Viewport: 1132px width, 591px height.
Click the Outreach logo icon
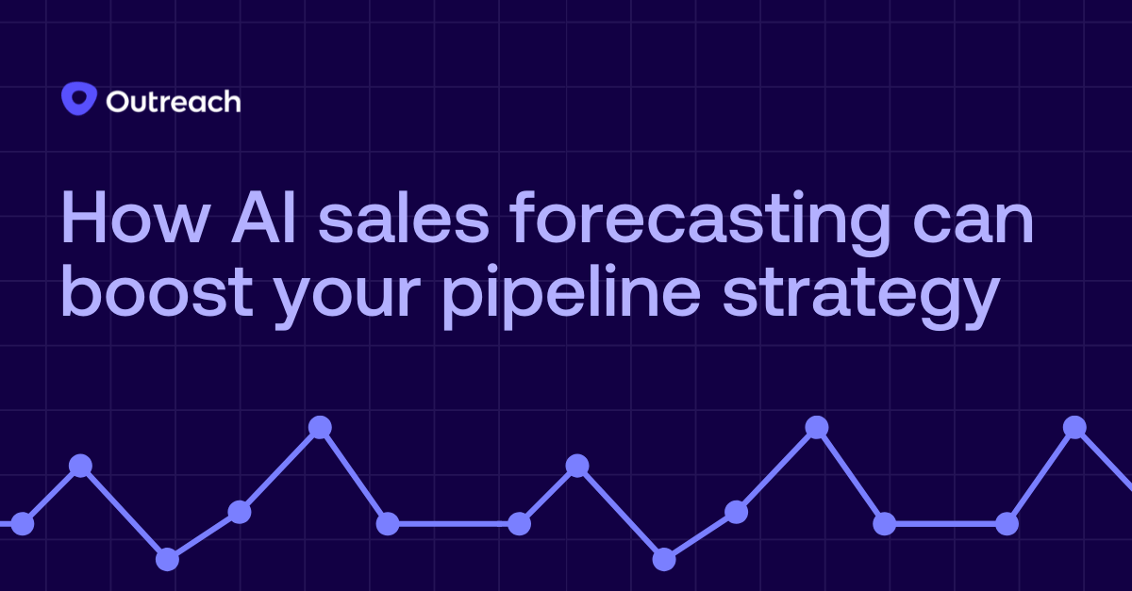point(78,99)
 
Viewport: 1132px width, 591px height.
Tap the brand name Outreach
point(173,101)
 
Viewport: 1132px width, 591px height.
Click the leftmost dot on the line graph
point(22,524)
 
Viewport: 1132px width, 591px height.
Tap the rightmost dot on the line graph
point(1074,427)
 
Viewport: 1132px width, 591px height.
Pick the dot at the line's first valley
point(167,559)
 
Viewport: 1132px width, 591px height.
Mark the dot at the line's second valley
point(664,559)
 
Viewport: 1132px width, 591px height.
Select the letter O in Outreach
point(119,101)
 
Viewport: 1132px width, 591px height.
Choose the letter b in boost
point(81,291)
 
